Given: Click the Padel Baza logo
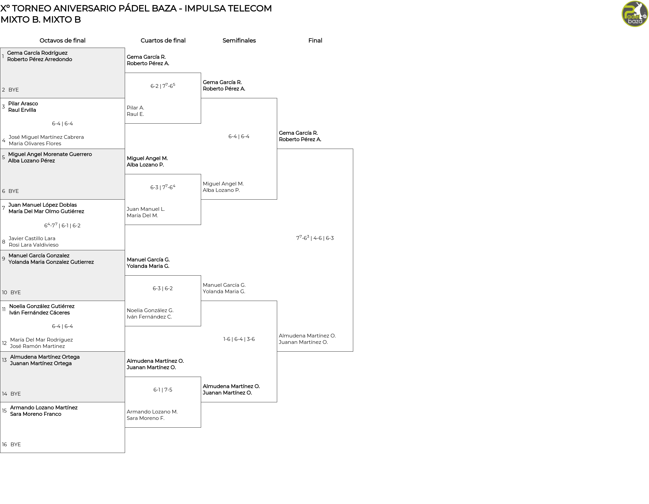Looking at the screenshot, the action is click(635, 14).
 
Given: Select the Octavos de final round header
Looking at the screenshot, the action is click(63, 41).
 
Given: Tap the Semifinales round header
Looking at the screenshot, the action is click(239, 41).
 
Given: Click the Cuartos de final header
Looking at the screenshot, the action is click(163, 41).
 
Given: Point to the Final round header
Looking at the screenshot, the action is click(315, 41).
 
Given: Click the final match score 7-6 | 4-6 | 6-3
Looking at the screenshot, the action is click(315, 238).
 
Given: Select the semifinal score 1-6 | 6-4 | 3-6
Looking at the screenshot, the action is click(239, 339).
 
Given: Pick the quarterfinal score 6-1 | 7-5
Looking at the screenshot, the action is click(163, 390).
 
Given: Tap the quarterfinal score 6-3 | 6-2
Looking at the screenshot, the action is click(163, 288).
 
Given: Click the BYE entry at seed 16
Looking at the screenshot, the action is click(16, 445).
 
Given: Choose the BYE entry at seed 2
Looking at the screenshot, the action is click(14, 90).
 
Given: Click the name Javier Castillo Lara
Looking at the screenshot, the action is click(32, 238).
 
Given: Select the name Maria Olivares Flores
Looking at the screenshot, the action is click(35, 144).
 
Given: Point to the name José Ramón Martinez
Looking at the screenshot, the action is click(37, 346).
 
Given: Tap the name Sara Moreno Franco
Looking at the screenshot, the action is click(36, 414).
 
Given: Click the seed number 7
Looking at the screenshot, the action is click(3, 208).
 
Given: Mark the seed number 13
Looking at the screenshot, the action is click(4, 360).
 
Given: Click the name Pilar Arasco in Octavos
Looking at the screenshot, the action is click(23, 104).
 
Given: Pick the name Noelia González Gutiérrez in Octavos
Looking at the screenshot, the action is click(42, 306).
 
